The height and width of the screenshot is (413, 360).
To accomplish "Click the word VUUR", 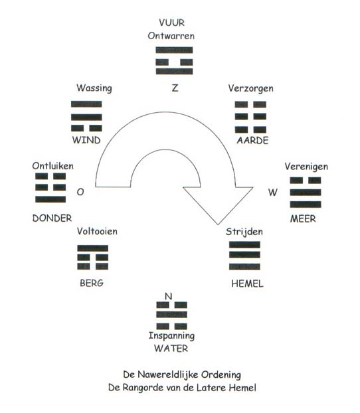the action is pos(172,23).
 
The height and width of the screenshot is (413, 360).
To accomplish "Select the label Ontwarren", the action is pos(171,36).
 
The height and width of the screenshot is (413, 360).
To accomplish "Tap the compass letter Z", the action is pos(175,88).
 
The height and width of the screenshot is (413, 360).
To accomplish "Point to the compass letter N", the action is pos(169,296).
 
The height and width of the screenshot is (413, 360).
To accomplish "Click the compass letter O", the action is pos(80,192).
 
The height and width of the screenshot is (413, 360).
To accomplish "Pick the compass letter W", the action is pos(273,193).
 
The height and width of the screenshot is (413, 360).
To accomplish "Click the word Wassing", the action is pos(94,88).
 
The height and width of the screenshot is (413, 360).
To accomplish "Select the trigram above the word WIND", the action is pos(86,116).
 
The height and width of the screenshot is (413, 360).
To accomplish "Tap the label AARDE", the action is pos(252,140).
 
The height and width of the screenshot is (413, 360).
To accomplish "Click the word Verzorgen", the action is pos(250,88).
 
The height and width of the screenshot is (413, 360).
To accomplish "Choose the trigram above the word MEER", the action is pos(306,193).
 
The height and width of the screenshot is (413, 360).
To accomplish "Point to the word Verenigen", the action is pos(306,167).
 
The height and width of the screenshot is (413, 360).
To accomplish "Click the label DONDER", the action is pos(52,218).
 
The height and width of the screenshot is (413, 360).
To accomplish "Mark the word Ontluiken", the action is pos(52,166).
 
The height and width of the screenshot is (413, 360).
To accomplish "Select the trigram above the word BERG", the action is pos(93,258).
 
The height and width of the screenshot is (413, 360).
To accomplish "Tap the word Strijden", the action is pos(244,232).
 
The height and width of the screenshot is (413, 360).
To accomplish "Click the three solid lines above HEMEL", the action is pos(244,256).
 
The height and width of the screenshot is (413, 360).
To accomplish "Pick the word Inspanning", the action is pos(171,336).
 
